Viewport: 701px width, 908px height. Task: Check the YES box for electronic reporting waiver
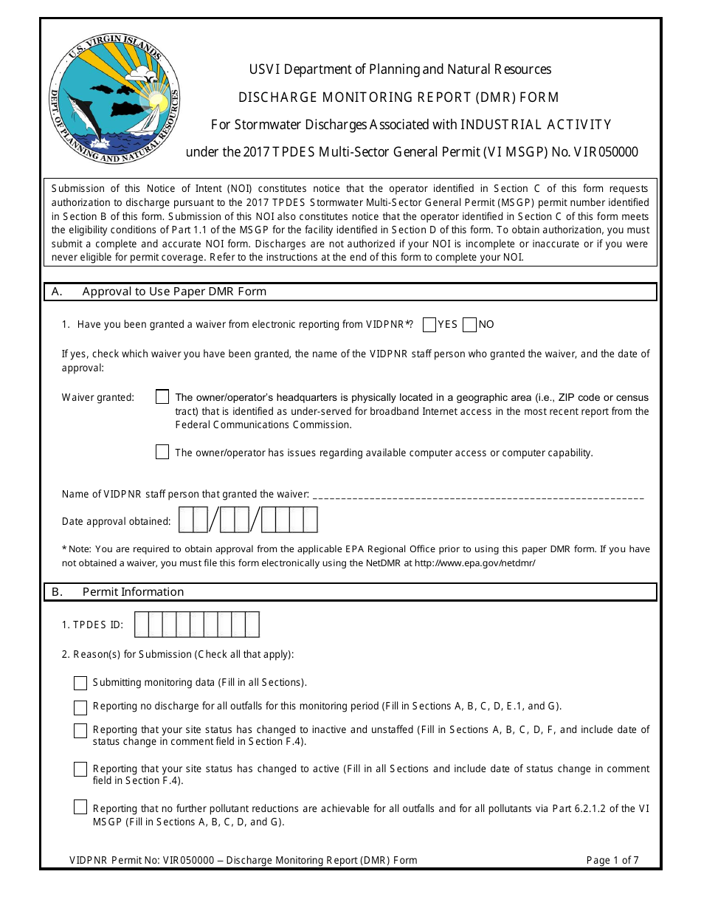click(429, 324)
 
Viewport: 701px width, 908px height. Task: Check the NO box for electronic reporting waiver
click(469, 324)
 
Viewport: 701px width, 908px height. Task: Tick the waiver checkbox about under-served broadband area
click(162, 397)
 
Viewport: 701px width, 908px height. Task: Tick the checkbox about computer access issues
click(162, 453)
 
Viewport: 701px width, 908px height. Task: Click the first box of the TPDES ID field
click(142, 625)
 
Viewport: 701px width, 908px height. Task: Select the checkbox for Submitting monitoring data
click(80, 683)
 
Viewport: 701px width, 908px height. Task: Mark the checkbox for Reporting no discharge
click(80, 708)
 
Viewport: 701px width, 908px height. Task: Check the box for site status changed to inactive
click(80, 731)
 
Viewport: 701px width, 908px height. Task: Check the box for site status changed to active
click(80, 769)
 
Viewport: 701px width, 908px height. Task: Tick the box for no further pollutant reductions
click(80, 808)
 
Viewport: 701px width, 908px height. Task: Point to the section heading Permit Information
click(133, 592)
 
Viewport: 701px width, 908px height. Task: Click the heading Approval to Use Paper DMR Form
click(174, 292)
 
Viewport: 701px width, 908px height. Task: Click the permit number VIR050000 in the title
click(601, 153)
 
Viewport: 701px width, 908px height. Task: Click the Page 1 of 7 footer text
click(612, 860)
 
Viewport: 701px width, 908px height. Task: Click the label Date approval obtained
click(116, 521)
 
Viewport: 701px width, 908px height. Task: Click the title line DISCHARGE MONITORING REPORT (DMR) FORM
click(398, 97)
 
